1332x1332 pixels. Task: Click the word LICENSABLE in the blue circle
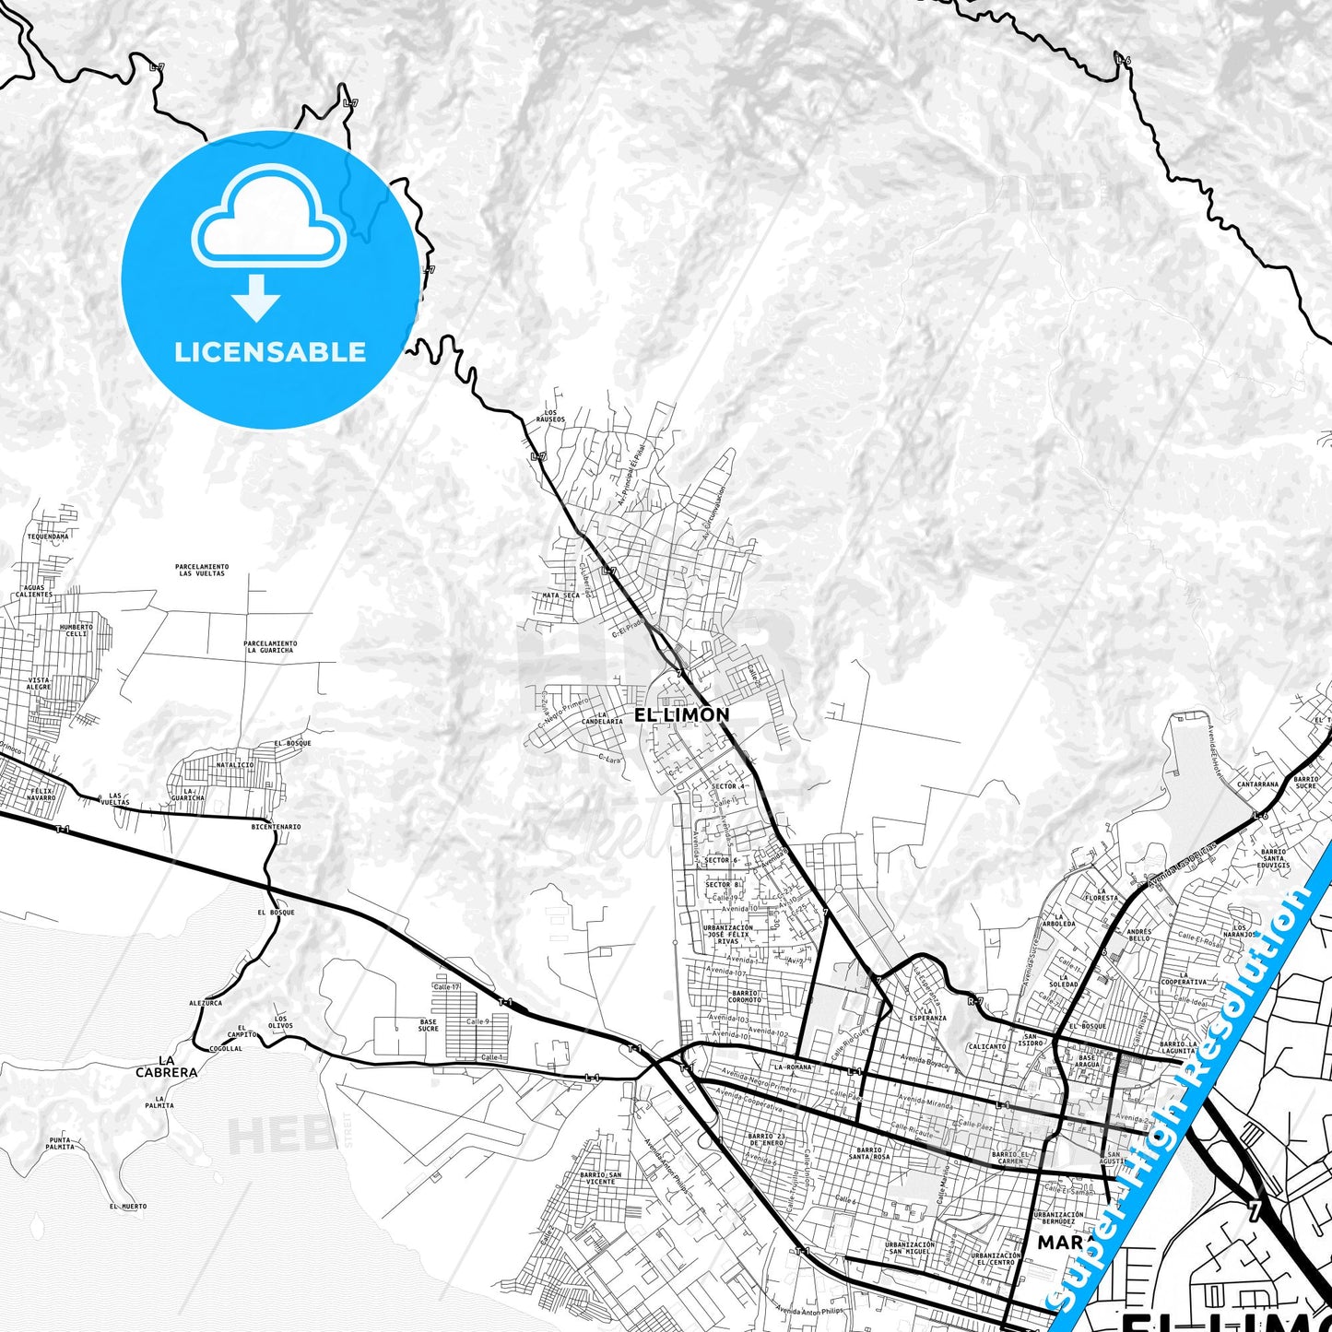point(270,352)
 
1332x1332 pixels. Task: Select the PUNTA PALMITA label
point(62,1144)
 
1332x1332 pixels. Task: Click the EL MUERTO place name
point(128,1206)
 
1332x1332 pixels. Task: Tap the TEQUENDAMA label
point(48,536)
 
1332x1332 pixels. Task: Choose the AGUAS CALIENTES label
point(34,591)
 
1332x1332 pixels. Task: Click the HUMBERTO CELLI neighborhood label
point(77,630)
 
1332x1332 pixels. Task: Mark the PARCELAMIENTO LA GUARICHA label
point(270,646)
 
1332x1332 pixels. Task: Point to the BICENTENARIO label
point(276,827)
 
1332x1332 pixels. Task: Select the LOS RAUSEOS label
point(551,416)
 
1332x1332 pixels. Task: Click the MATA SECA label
point(560,595)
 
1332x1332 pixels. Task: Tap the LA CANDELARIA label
point(605,718)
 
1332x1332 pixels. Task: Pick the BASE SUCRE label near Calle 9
point(429,1024)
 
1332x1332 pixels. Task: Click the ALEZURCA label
point(206,1003)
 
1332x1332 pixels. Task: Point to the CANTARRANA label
point(1257,784)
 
